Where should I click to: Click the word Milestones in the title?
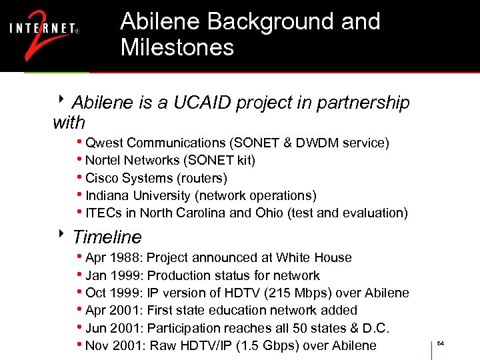pos(177,47)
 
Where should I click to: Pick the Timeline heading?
pos(107,237)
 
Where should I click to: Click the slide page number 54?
pos(440,343)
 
